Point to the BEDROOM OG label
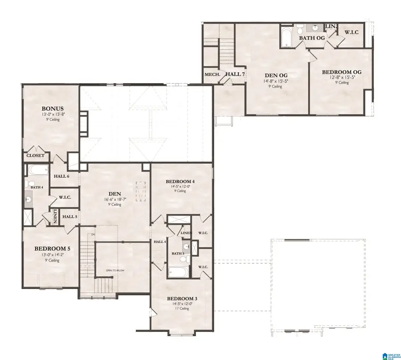click(x=341, y=72)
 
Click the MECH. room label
click(x=212, y=74)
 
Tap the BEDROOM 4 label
click(x=180, y=181)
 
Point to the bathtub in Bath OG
click(x=286, y=38)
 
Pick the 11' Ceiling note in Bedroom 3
click(x=181, y=308)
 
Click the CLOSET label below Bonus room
click(x=36, y=155)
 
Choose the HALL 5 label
click(x=69, y=217)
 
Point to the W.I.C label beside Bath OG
click(x=351, y=33)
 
